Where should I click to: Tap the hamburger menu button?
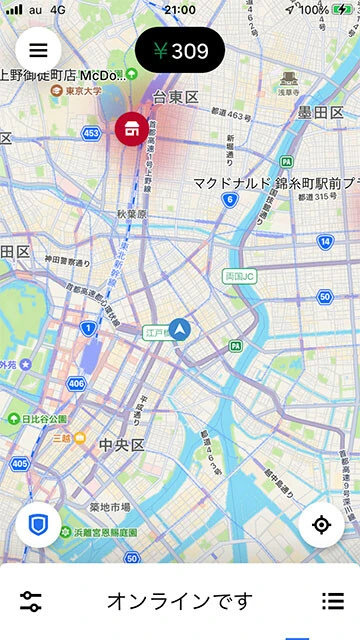click(x=38, y=49)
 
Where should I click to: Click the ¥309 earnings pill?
click(x=180, y=51)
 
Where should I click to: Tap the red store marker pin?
click(x=130, y=128)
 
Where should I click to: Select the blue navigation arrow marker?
click(x=180, y=328)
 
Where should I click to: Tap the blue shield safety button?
click(x=38, y=525)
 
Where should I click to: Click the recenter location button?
click(x=321, y=525)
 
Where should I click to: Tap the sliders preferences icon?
click(x=31, y=601)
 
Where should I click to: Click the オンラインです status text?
click(x=180, y=601)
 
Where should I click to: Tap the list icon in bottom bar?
click(x=332, y=601)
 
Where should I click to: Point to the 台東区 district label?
click(x=176, y=97)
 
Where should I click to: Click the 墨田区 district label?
click(x=320, y=112)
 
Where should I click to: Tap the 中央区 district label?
click(x=122, y=444)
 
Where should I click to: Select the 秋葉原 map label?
click(x=132, y=214)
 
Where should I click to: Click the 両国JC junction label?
click(x=241, y=275)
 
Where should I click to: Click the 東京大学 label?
click(x=90, y=91)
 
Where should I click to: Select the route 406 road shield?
click(x=77, y=383)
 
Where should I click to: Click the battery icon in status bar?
click(x=342, y=9)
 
